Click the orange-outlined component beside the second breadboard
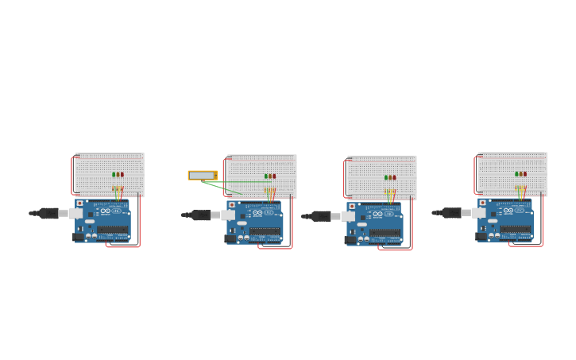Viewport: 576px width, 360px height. point(203,175)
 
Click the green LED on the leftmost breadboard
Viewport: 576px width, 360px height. point(114,175)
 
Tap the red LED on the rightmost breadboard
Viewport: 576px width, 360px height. point(525,174)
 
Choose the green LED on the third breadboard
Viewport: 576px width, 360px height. point(386,177)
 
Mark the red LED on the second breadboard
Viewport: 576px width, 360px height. point(275,176)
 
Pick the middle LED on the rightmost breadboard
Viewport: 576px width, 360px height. point(520,174)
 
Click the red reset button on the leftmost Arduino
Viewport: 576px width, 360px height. point(79,203)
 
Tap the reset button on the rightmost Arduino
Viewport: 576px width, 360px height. point(482,203)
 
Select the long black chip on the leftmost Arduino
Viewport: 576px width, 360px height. point(113,230)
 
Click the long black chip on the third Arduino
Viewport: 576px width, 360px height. point(385,233)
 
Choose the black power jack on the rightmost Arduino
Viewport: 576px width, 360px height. point(481,236)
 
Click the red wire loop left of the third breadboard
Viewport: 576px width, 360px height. point(345,179)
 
